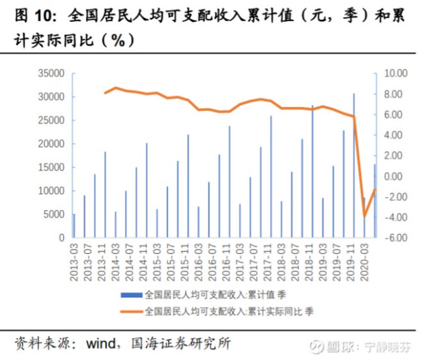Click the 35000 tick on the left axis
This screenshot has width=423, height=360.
coord(52,73)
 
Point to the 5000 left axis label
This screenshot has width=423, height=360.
coord(55,214)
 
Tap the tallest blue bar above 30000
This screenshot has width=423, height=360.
coord(354,165)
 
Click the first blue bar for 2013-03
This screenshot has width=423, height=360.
coord(74,225)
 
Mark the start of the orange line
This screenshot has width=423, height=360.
coord(105,93)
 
